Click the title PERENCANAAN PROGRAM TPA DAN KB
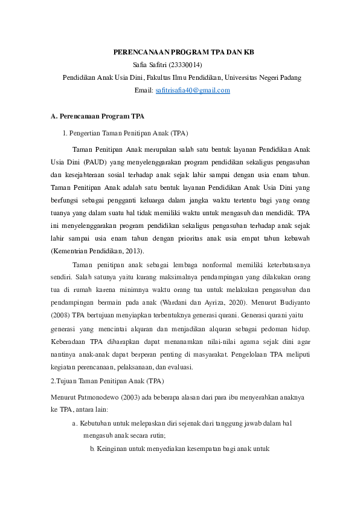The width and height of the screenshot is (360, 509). pyautogui.click(x=184, y=53)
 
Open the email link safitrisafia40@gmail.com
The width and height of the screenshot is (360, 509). pyautogui.click(x=193, y=90)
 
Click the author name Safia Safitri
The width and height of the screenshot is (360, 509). pyautogui.click(x=147, y=65)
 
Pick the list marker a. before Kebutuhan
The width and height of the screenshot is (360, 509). pyautogui.click(x=74, y=424)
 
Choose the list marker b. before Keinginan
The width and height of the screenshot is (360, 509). pyautogui.click(x=92, y=450)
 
